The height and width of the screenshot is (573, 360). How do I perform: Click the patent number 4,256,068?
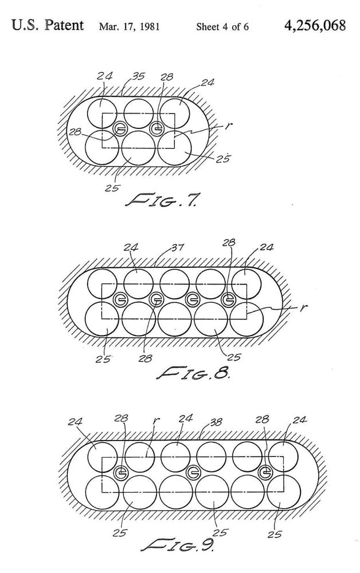314,26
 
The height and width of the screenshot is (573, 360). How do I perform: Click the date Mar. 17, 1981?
129,27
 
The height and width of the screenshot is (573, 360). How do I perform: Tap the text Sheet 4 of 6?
222,27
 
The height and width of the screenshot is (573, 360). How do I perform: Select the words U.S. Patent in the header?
48,26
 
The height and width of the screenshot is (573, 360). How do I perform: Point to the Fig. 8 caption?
193,372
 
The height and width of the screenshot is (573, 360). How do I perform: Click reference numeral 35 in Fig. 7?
138,76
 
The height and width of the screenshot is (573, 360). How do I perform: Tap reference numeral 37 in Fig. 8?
177,248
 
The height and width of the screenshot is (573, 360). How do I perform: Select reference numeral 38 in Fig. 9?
216,422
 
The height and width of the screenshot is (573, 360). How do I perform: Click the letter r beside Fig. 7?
228,126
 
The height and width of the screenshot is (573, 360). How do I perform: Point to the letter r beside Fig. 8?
303,307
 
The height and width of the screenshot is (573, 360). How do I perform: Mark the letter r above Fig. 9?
155,420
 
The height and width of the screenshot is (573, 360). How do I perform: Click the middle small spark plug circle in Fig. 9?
193,473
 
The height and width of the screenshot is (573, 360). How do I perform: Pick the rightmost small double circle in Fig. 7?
156,127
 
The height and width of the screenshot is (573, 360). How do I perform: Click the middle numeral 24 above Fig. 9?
185,418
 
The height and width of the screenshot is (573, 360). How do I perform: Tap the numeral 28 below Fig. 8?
145,358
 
